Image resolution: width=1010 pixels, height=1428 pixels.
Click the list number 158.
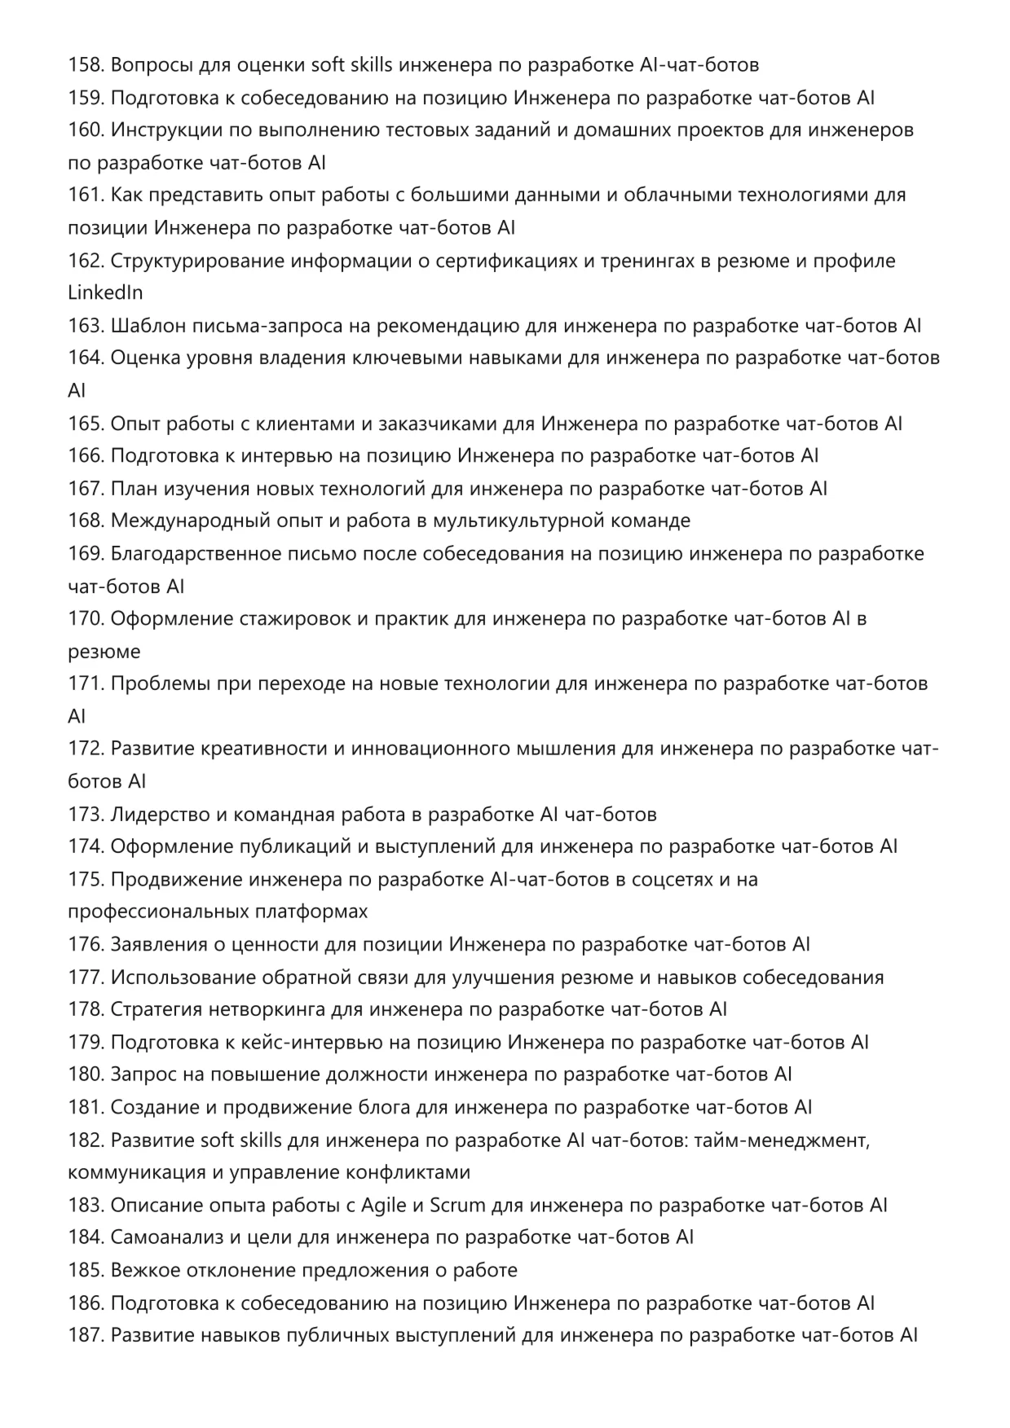click(86, 65)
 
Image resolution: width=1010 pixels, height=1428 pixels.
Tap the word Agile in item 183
click(384, 1206)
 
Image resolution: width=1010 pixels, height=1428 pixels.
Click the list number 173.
click(86, 815)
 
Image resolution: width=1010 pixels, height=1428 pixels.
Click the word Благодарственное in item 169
click(196, 554)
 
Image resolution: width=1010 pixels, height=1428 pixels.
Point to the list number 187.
click(86, 1336)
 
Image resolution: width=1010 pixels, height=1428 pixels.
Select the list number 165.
click(86, 424)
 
